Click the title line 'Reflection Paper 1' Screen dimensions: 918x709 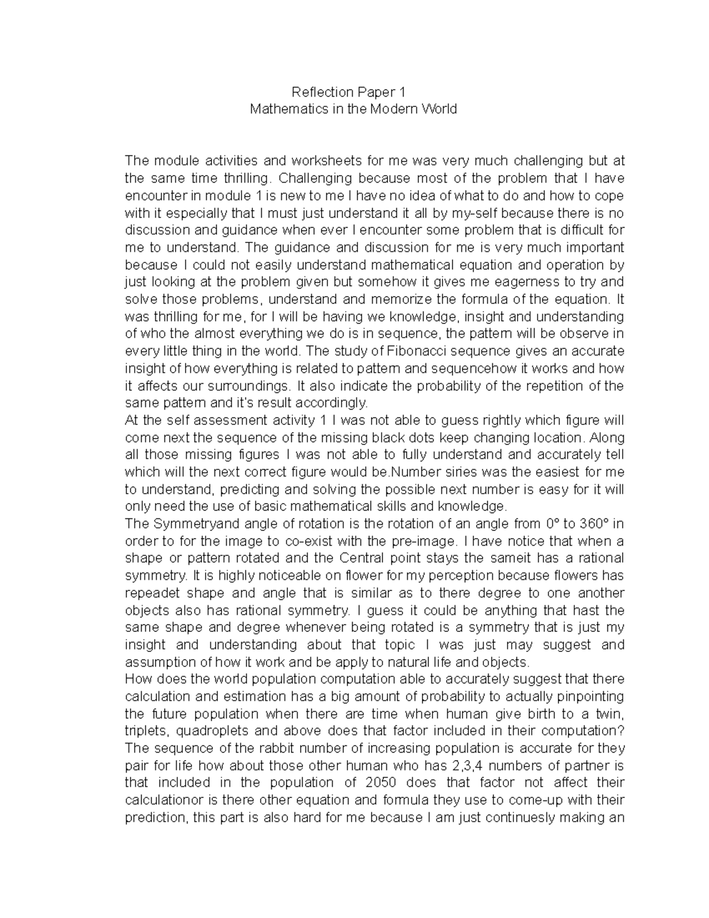click(353, 92)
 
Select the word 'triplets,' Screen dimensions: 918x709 click(145, 731)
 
